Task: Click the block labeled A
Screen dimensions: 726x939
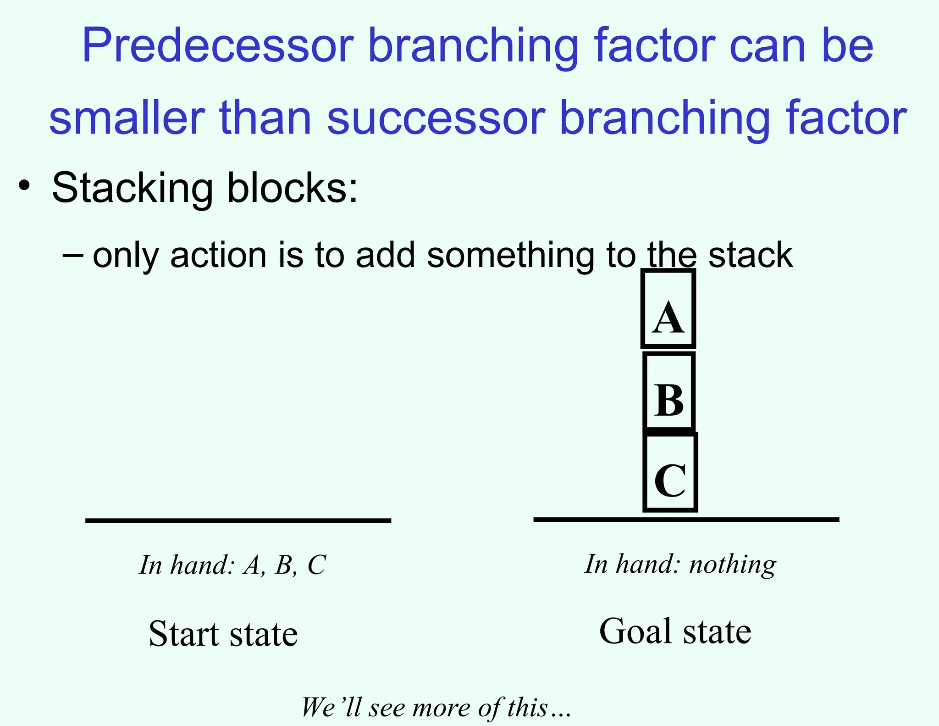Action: [668, 309]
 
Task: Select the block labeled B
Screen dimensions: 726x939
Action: [669, 391]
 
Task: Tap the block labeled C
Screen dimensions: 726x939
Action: [670, 473]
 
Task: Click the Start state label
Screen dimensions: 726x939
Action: [223, 634]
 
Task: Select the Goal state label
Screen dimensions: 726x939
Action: [675, 631]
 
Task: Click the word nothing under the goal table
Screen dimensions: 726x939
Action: [733, 564]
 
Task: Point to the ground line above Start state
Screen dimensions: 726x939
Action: [238, 520]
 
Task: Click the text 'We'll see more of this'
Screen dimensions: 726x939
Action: [436, 707]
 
